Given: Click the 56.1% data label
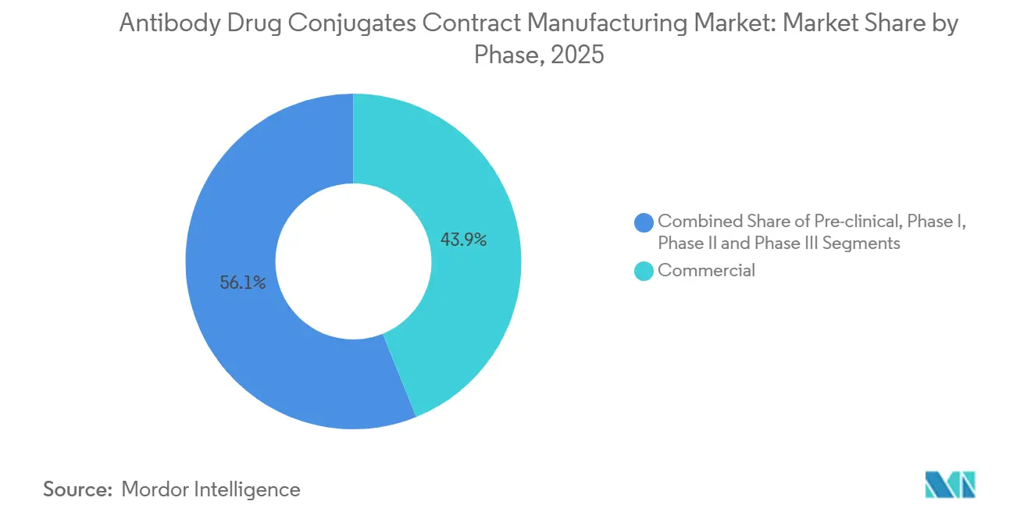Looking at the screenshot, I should pyautogui.click(x=243, y=283).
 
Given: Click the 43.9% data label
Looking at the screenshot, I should pyautogui.click(x=463, y=240).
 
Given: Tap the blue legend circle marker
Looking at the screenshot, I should pyautogui.click(x=644, y=222).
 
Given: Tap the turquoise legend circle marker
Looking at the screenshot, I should pyautogui.click(x=644, y=271).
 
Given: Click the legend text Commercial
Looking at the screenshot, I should pyautogui.click(x=706, y=271).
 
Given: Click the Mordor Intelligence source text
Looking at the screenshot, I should pyautogui.click(x=211, y=489).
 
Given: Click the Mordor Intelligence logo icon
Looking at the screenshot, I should pyautogui.click(x=950, y=485).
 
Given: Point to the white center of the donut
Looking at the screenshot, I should pyautogui.click(x=353, y=261).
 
